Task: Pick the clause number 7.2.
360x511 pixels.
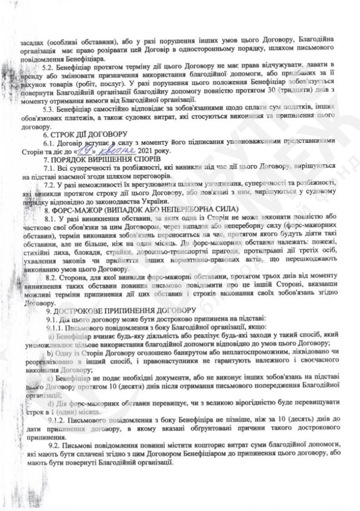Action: click(52, 184)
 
